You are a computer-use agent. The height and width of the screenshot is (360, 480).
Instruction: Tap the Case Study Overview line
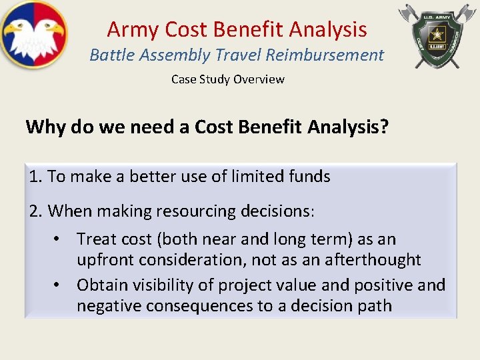(x=227, y=79)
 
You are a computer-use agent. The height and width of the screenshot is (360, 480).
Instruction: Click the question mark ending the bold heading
(x=384, y=127)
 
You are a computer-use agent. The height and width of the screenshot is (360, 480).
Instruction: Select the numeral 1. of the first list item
(x=36, y=177)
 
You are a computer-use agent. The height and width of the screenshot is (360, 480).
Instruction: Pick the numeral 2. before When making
(x=37, y=211)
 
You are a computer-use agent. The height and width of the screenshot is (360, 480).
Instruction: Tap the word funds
(x=309, y=177)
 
